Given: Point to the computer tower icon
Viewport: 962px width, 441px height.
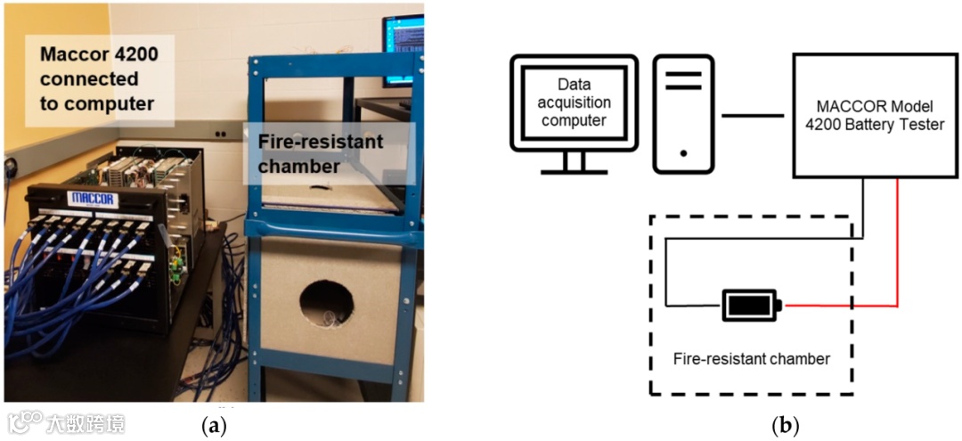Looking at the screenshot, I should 683,113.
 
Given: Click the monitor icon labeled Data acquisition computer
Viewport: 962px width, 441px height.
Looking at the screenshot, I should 574,107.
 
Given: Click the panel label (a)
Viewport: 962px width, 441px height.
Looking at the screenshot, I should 215,426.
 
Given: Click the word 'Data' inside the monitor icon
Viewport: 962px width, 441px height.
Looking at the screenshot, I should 575,84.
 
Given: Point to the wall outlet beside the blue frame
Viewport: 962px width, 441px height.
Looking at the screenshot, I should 219,134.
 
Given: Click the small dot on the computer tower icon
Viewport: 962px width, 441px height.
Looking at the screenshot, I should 683,153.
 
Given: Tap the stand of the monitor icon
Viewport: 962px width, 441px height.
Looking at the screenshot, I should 574,161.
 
